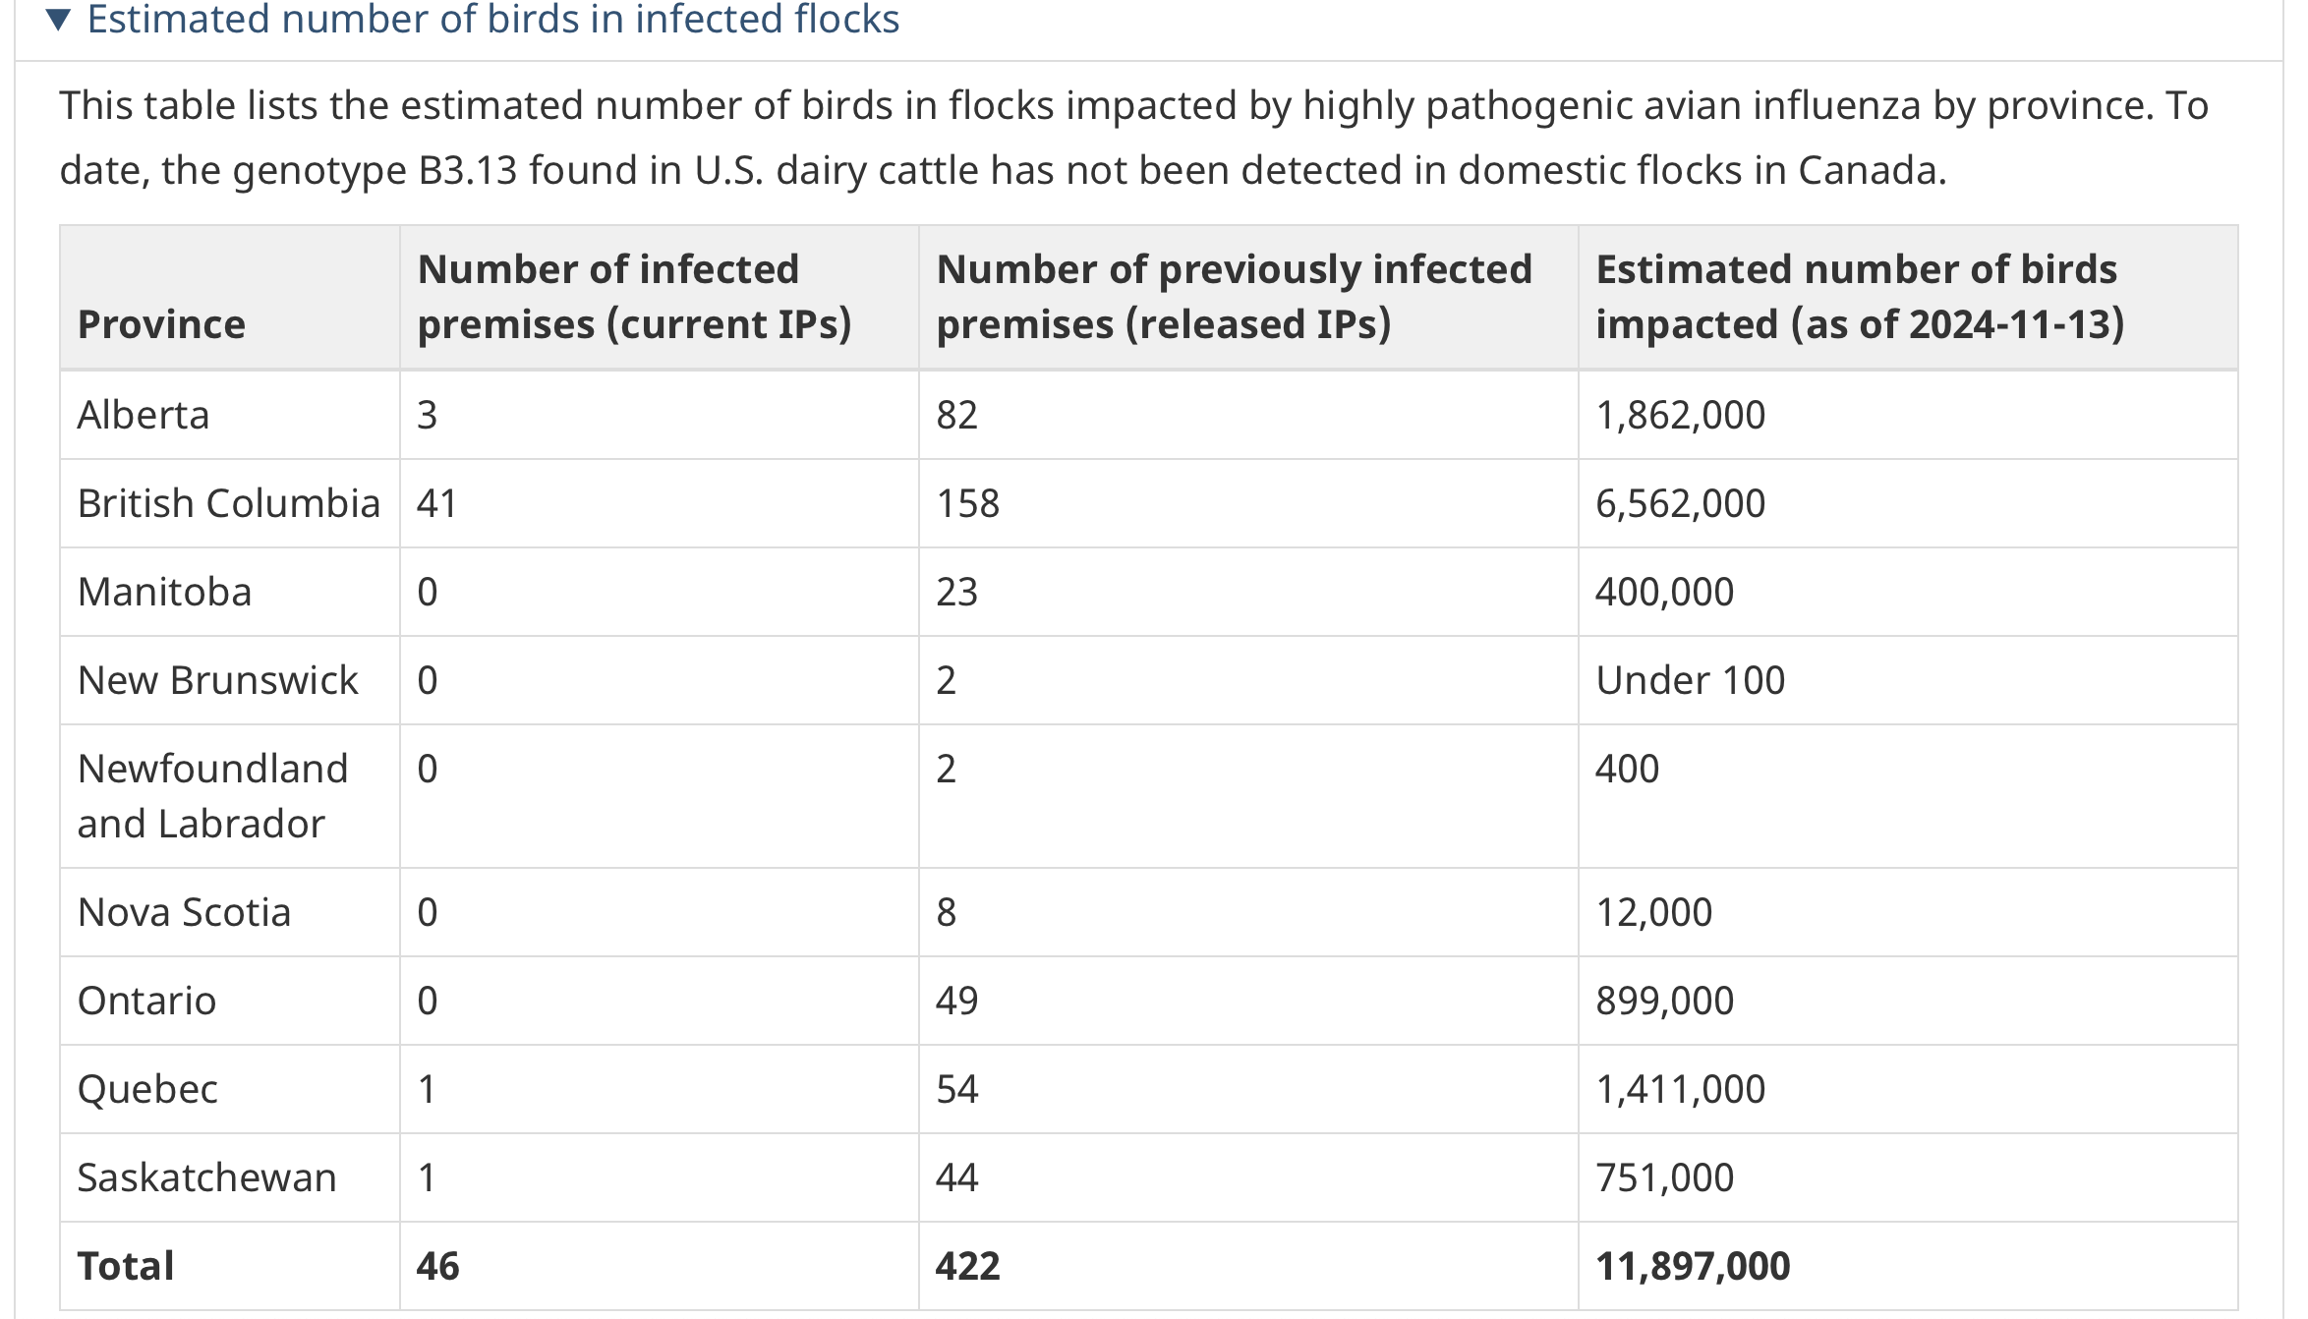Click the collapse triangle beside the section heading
[x=59, y=19]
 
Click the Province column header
[x=161, y=324]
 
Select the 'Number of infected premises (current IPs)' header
[x=634, y=296]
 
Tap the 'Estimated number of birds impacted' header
[x=1860, y=296]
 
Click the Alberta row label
[x=144, y=415]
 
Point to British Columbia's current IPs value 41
[x=436, y=503]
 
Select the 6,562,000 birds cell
[x=1680, y=503]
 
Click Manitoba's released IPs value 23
[x=956, y=592]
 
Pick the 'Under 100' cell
[x=1690, y=680]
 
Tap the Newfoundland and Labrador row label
[x=212, y=796]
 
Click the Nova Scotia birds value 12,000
[x=1653, y=912]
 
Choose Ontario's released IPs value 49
[x=956, y=1001]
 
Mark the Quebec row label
[x=147, y=1089]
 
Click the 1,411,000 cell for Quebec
[x=1680, y=1089]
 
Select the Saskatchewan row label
[x=206, y=1177]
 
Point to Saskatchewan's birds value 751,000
[x=1664, y=1177]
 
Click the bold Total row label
[x=126, y=1266]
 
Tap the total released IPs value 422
[x=967, y=1266]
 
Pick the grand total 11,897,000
[x=1693, y=1266]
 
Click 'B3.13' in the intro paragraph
[x=468, y=170]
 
